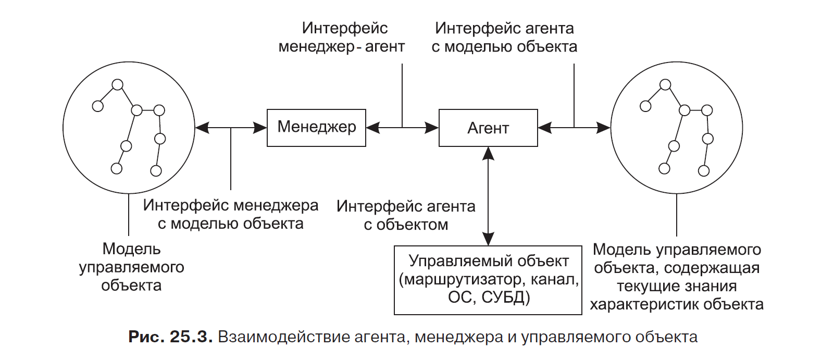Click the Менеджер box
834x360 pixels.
pyautogui.click(x=316, y=128)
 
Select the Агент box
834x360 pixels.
pyautogui.click(x=488, y=128)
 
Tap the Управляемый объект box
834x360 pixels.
pyautogui.click(x=488, y=280)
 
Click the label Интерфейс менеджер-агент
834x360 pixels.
pyautogui.click(x=342, y=37)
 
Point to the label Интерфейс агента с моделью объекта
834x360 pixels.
pyautogui.click(x=504, y=37)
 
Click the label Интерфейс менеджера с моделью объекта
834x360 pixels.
pyautogui.click(x=231, y=214)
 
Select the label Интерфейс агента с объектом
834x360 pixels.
pyautogui.click(x=406, y=215)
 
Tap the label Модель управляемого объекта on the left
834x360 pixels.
pyautogui.click(x=131, y=267)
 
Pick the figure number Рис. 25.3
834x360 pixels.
pyautogui.click(x=170, y=337)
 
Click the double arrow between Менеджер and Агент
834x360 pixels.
pyautogui.click(x=402, y=128)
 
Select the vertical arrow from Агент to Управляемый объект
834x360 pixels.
pyautogui.click(x=488, y=195)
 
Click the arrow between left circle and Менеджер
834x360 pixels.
pyautogui.click(x=231, y=128)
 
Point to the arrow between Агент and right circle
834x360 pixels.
pyautogui.click(x=574, y=128)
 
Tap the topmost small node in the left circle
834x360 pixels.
pyautogui.click(x=118, y=84)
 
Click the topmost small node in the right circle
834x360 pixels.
pyautogui.click(x=665, y=84)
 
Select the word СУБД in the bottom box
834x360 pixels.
pyautogui.click(x=505, y=297)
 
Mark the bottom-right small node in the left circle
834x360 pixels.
pyautogui.click(x=156, y=170)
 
